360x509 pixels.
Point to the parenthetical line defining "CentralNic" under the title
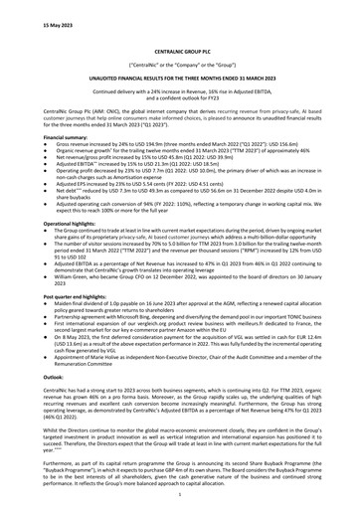pos(179,63)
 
